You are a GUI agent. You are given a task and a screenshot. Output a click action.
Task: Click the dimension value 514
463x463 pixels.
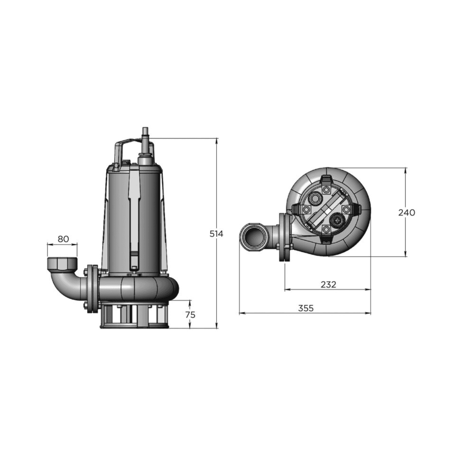click(x=216, y=234)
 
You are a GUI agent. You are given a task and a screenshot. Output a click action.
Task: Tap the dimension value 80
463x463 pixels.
click(x=63, y=239)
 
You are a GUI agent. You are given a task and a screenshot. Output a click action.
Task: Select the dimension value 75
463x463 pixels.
click(x=190, y=314)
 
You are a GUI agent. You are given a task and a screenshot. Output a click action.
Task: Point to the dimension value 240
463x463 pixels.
click(x=406, y=212)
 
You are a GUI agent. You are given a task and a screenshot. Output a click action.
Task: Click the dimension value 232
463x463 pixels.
click(x=328, y=284)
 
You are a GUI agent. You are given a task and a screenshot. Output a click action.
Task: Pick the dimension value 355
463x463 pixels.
click(x=306, y=308)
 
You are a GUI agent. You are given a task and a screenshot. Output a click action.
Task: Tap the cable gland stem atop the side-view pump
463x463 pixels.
click(x=145, y=135)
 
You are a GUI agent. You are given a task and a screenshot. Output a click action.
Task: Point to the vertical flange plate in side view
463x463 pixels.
click(x=91, y=289)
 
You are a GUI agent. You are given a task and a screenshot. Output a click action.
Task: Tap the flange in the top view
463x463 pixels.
click(x=285, y=238)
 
